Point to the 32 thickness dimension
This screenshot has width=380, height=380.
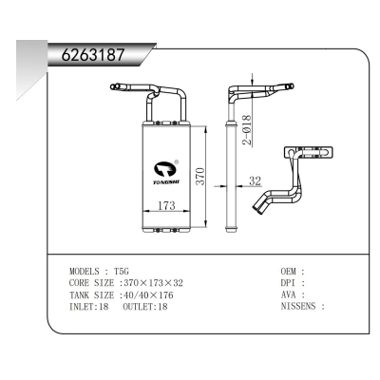click(x=254, y=180)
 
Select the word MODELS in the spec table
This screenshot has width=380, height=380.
click(x=87, y=271)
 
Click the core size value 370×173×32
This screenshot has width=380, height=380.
click(x=155, y=283)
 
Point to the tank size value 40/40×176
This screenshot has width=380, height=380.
click(x=150, y=295)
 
